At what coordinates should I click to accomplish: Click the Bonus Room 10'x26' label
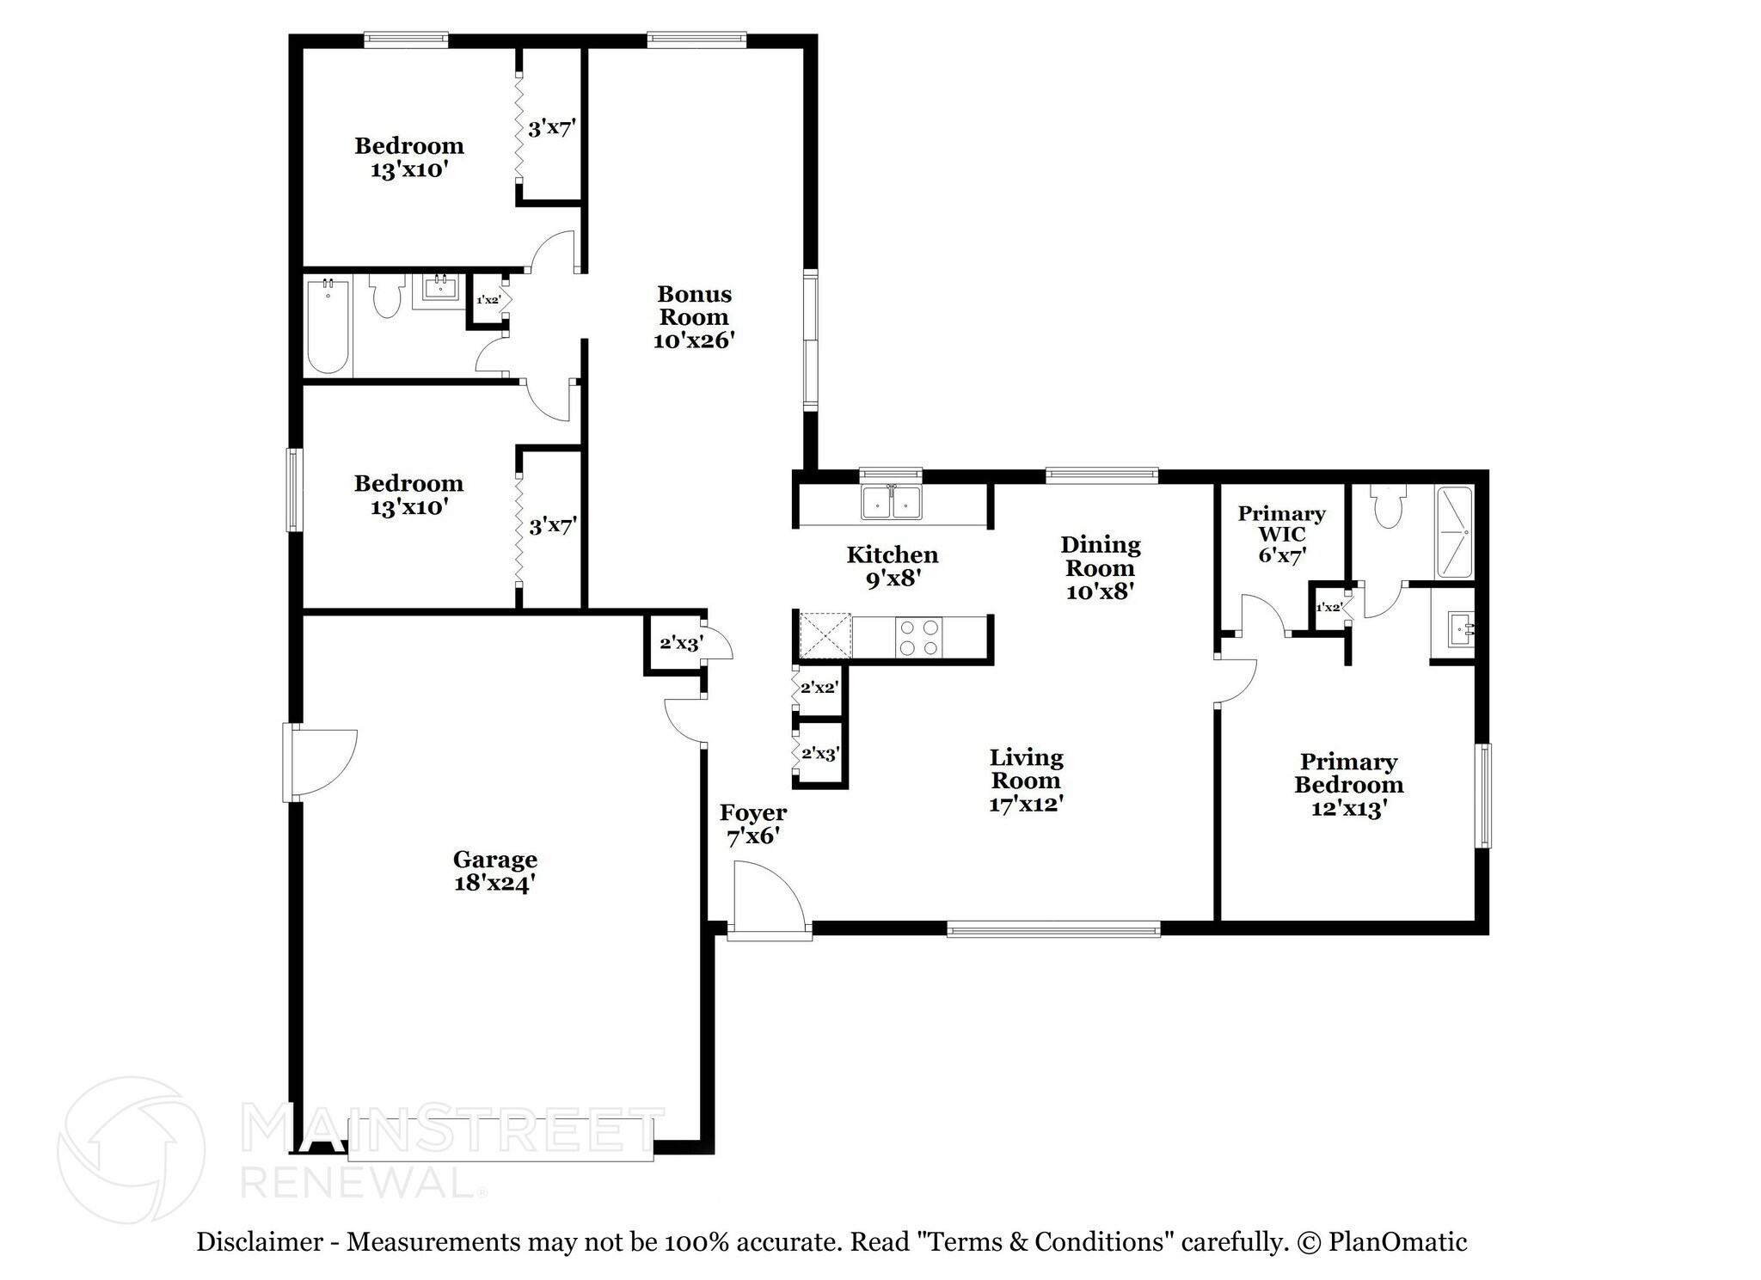(x=693, y=317)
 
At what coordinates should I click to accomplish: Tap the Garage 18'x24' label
(x=495, y=871)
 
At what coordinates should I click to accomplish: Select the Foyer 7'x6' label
(x=753, y=824)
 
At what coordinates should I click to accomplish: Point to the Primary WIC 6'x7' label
(x=1281, y=534)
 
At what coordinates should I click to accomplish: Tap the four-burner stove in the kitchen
(x=918, y=638)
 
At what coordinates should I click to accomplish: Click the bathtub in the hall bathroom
(x=328, y=326)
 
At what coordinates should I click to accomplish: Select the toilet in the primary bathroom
(x=1389, y=507)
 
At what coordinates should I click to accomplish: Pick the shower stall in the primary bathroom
(x=1454, y=532)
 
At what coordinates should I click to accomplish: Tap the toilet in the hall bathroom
(x=387, y=296)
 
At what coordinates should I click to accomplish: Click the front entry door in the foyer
(x=769, y=898)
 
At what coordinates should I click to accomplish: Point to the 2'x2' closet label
(x=819, y=688)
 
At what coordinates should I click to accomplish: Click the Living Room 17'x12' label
(x=1026, y=781)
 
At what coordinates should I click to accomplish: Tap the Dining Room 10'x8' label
(x=1100, y=567)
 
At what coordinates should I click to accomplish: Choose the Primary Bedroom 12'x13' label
(x=1348, y=785)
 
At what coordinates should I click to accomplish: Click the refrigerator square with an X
(x=824, y=636)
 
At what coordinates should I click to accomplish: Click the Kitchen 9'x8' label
(x=893, y=567)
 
